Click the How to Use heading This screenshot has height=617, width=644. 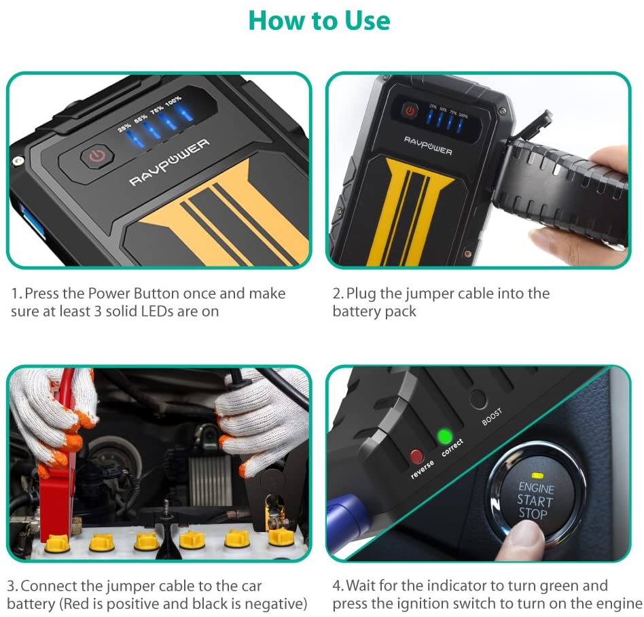click(319, 20)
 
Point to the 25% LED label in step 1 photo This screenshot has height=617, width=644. click(124, 126)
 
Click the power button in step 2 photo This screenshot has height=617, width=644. click(410, 111)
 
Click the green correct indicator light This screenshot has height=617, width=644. click(446, 436)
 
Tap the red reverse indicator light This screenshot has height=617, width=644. click(416, 456)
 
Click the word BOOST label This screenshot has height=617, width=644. click(492, 416)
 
